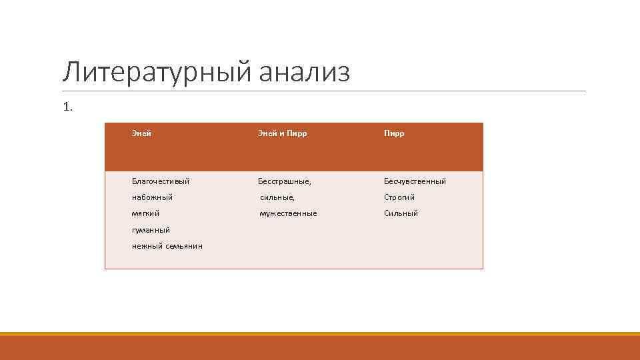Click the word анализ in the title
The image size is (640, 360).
pyautogui.click(x=303, y=73)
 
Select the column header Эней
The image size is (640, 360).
pyautogui.click(x=141, y=133)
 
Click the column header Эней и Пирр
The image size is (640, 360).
pyautogui.click(x=283, y=133)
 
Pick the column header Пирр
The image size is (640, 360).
pyautogui.click(x=394, y=133)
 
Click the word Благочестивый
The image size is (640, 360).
pyautogui.click(x=161, y=181)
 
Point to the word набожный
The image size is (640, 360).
pyautogui.click(x=152, y=197)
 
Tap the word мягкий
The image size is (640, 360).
pyautogui.click(x=145, y=213)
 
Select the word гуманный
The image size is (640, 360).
pyautogui.click(x=151, y=230)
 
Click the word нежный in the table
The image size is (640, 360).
pyautogui.click(x=147, y=246)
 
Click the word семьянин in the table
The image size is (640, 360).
pyautogui.click(x=183, y=246)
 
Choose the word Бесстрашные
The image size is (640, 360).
pyautogui.click(x=285, y=181)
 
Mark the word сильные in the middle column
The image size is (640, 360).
pyautogui.click(x=277, y=197)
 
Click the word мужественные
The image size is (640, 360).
pyautogui.click(x=288, y=213)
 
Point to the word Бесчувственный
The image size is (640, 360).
pyautogui.click(x=415, y=181)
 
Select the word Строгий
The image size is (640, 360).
pyautogui.click(x=399, y=197)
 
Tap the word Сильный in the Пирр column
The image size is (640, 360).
pyautogui.click(x=401, y=213)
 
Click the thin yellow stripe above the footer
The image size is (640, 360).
pyautogui.click(x=320, y=333)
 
